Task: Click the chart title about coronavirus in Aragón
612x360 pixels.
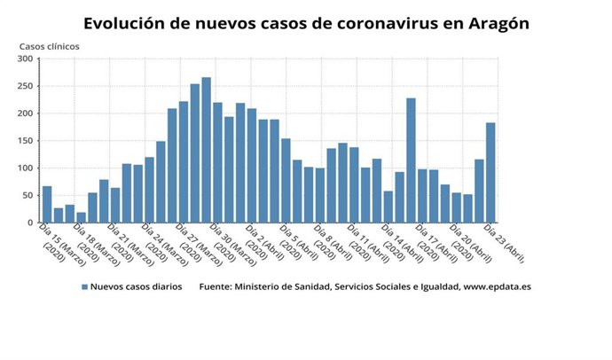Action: coord(306,23)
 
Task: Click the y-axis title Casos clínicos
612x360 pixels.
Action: coord(49,45)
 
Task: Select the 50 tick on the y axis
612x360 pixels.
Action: coord(27,195)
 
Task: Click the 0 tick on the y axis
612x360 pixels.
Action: coord(30,223)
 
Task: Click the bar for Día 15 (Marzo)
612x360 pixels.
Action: coord(47,205)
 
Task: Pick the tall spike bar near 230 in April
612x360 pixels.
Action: coord(411,160)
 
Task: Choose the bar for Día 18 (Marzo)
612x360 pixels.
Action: coord(81,217)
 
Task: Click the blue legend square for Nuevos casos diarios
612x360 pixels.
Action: coord(85,287)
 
